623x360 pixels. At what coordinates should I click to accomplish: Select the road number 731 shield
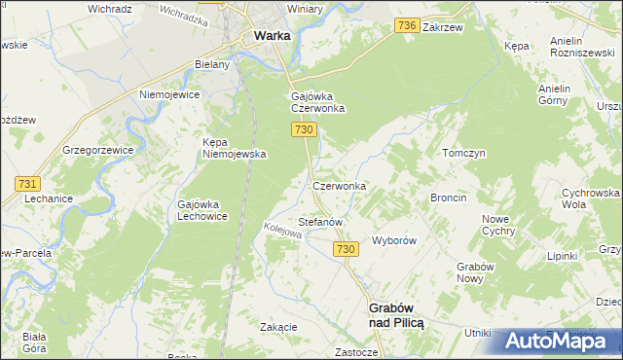click(27, 183)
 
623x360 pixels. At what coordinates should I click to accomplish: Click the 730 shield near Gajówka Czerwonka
click(304, 129)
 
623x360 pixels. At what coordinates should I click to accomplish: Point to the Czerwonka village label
click(339, 185)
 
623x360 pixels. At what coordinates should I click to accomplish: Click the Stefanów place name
click(320, 222)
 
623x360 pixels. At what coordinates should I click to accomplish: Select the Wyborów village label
click(395, 240)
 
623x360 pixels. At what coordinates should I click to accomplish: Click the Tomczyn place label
click(463, 154)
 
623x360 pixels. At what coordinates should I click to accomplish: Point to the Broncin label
click(449, 198)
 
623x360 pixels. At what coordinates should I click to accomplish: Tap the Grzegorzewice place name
click(96, 151)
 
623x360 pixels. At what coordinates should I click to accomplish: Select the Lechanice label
click(50, 198)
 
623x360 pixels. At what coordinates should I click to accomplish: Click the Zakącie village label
click(278, 327)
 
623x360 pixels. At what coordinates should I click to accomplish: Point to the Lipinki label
click(563, 256)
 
